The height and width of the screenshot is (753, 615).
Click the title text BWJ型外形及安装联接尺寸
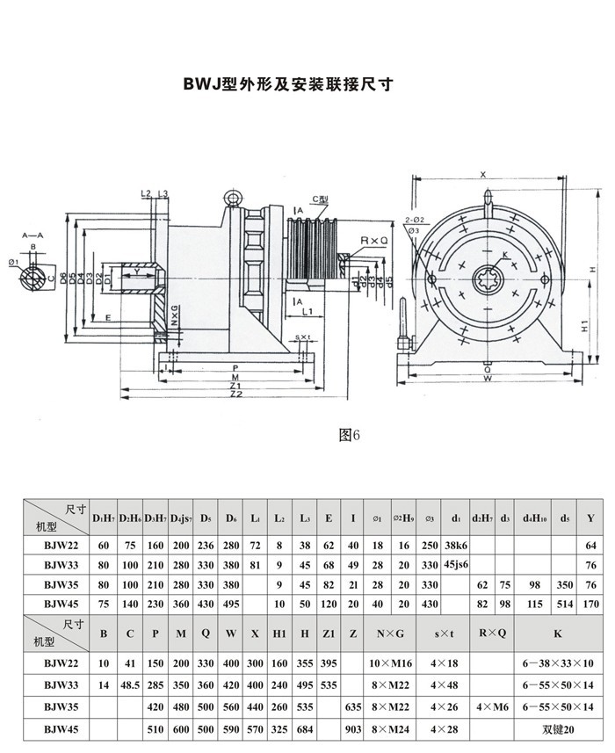click(x=287, y=85)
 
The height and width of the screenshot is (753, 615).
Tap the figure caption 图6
click(x=351, y=434)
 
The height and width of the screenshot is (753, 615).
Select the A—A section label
click(x=33, y=235)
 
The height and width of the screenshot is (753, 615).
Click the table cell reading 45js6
click(x=456, y=563)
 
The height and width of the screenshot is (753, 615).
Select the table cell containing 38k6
click(x=456, y=545)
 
